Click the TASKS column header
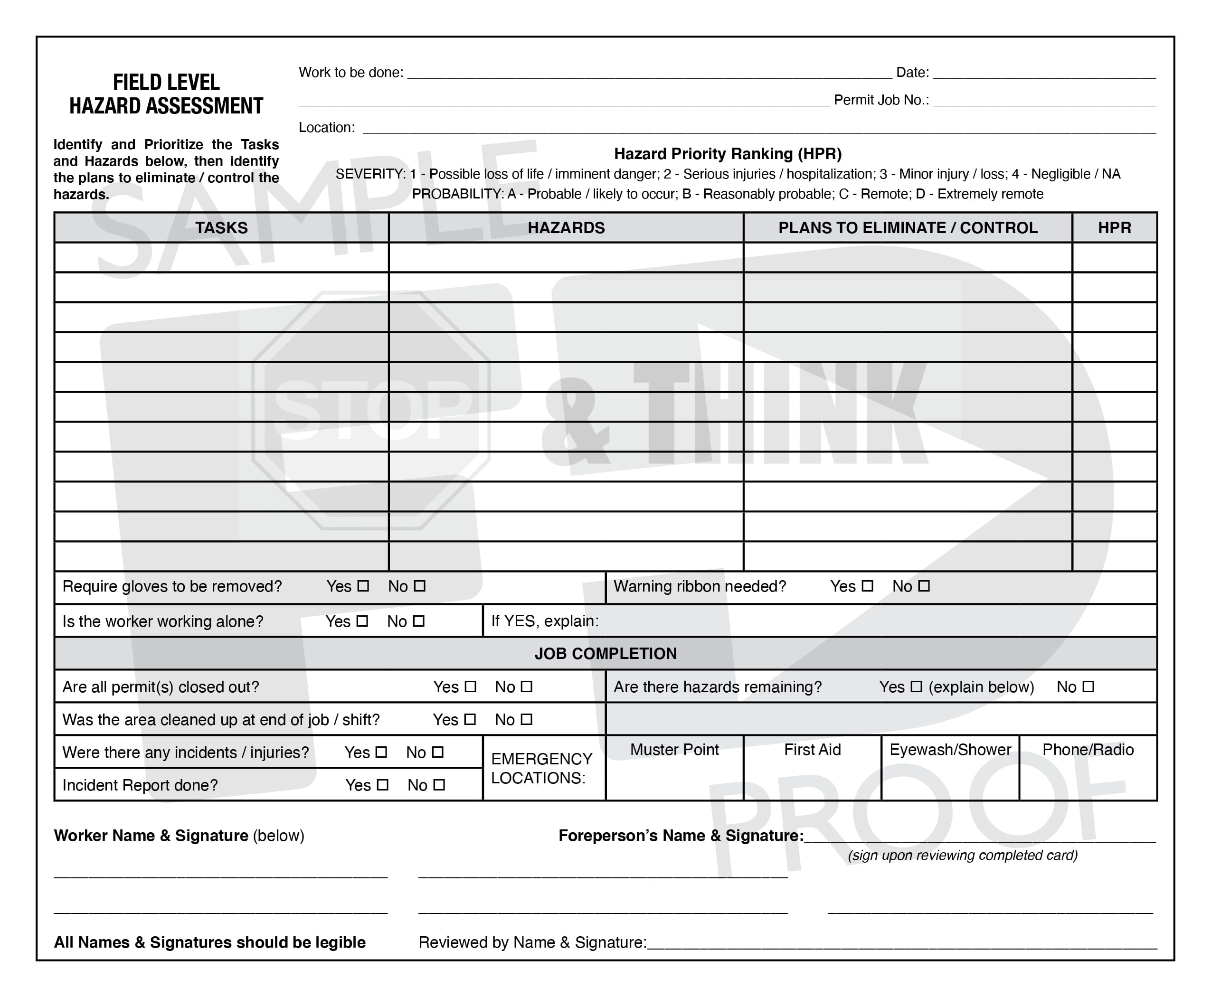pos(221,228)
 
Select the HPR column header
pos(1114,228)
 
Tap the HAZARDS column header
pos(566,228)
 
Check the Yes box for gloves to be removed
pos(363,586)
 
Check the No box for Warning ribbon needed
pos(924,586)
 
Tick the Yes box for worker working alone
pos(362,621)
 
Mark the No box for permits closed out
pos(527,687)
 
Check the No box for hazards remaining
pos(1088,687)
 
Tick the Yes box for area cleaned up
pos(470,719)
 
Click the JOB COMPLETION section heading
pos(605,654)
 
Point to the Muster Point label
pos(674,750)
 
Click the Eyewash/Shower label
pos(950,750)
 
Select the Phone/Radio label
pos(1088,750)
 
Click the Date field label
pos(912,72)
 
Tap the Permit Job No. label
pos(880,100)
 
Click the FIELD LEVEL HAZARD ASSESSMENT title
pos(166,94)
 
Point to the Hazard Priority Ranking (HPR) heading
pos(727,154)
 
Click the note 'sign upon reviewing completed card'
pos(962,855)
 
